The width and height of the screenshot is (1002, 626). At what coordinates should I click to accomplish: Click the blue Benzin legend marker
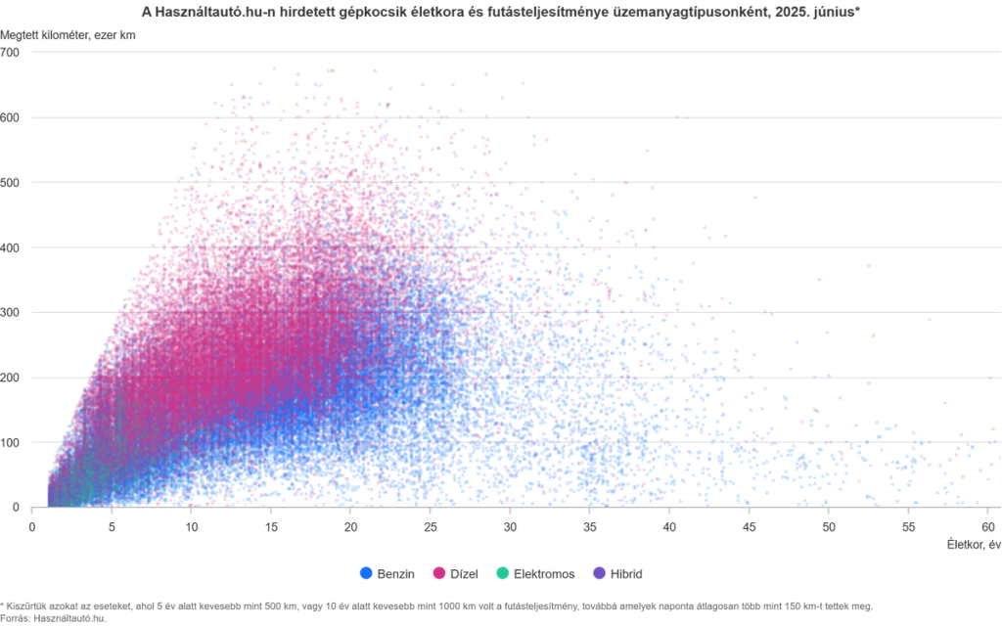(366, 574)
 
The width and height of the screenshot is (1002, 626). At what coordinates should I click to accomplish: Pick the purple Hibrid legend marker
(598, 574)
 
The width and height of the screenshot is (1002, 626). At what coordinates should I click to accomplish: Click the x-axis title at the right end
(975, 544)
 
